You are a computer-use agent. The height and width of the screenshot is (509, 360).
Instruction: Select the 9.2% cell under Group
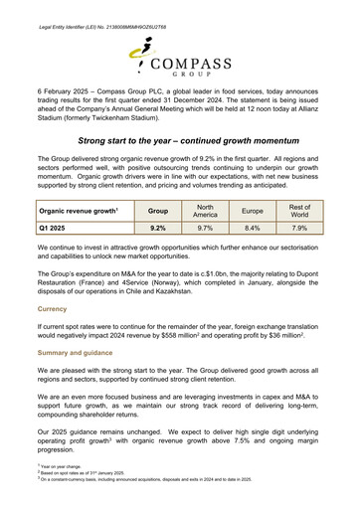coord(157,228)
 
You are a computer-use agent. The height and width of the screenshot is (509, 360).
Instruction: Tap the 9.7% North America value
coord(206,228)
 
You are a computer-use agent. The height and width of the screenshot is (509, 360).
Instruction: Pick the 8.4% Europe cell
coord(253,228)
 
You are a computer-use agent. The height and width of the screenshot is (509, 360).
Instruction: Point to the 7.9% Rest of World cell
coord(299,228)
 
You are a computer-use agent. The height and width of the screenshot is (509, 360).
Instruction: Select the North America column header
coord(206,210)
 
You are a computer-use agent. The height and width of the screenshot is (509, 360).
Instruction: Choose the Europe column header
coord(253,210)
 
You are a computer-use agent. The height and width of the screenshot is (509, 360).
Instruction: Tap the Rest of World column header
coord(299,210)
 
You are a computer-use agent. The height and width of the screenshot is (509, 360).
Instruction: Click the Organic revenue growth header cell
coord(79,211)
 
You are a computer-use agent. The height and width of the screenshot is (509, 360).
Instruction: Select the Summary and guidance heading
coord(81,353)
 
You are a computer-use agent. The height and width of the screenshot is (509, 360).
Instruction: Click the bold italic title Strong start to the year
coord(179,143)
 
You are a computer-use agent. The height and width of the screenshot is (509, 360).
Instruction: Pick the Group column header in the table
coord(157,211)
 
